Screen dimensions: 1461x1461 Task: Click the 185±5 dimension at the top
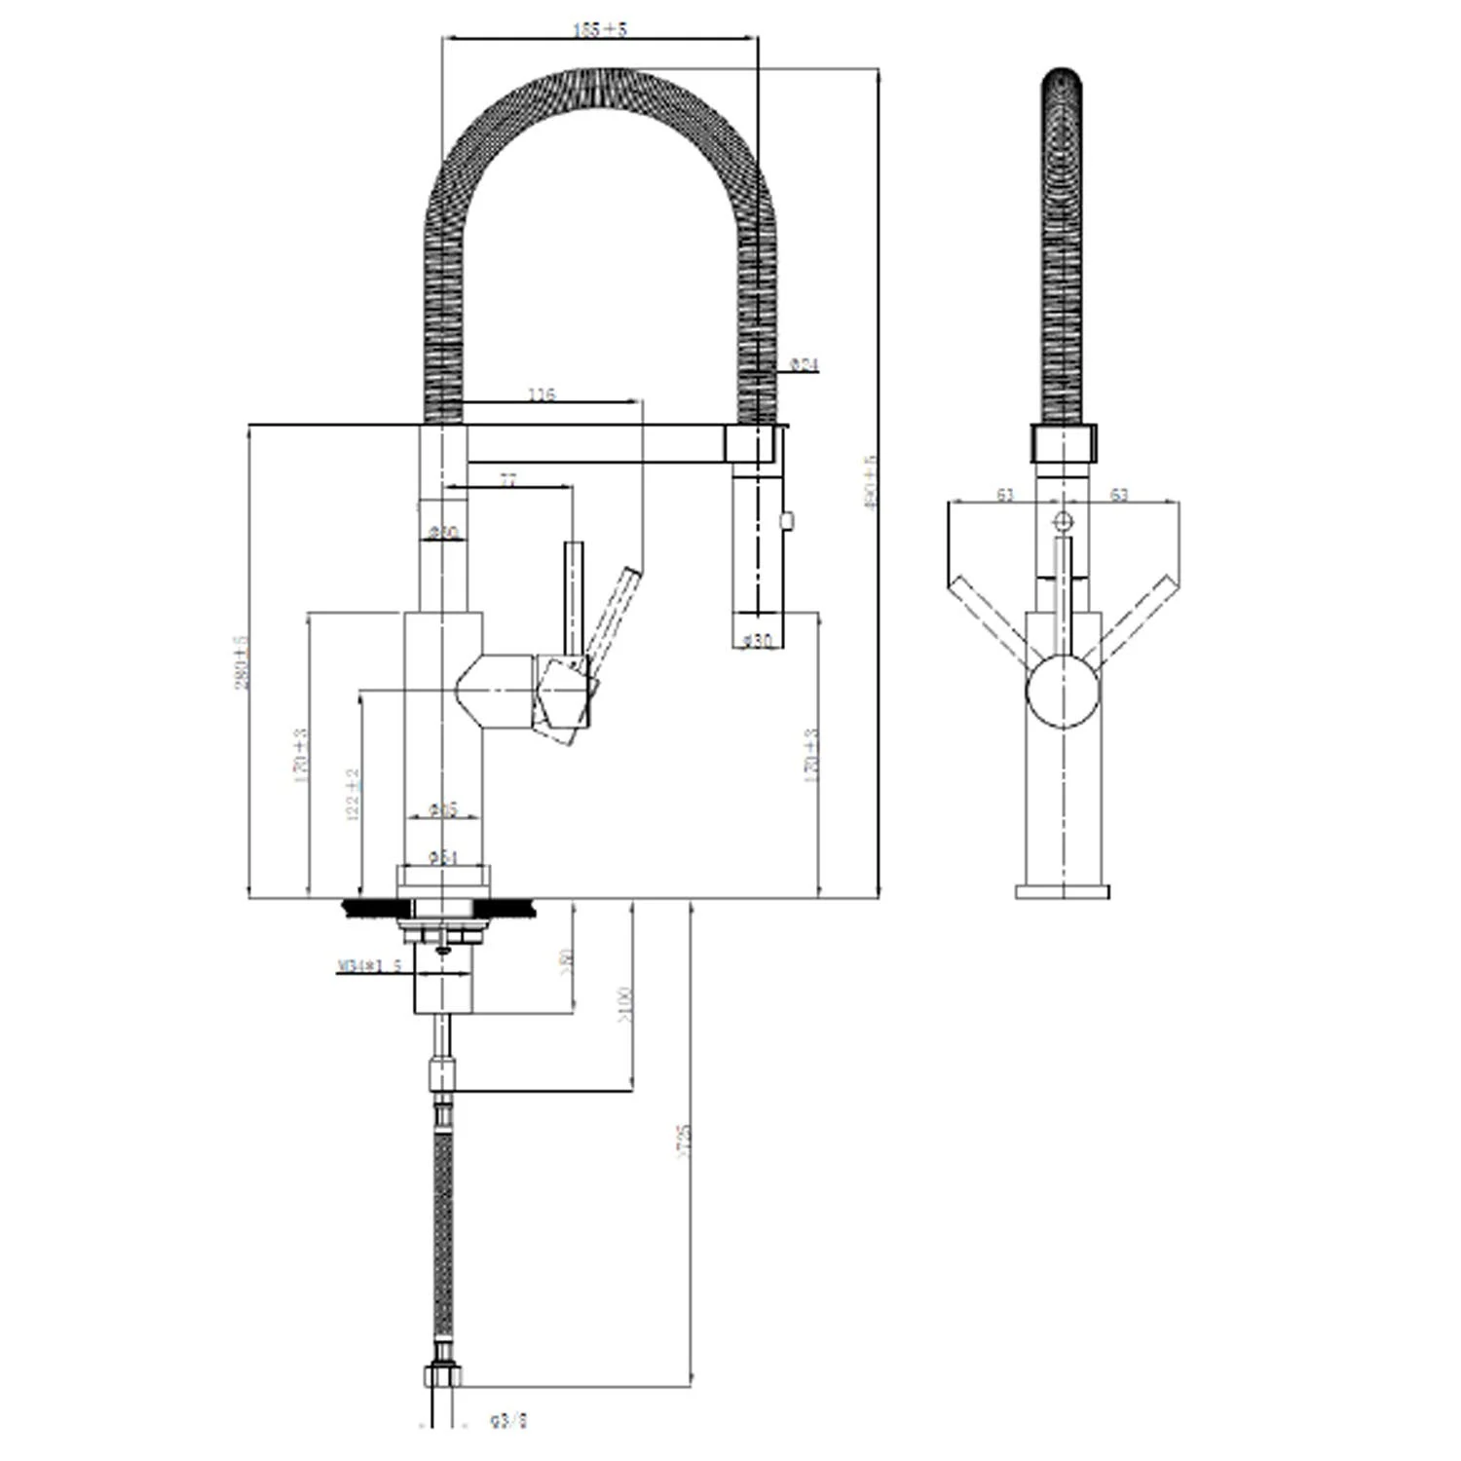600,29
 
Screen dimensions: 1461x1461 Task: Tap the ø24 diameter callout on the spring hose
804,364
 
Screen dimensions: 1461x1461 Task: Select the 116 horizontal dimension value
542,394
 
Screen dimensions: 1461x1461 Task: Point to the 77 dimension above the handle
507,479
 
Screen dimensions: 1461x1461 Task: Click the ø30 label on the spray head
757,640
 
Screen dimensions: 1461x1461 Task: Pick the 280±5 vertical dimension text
242,662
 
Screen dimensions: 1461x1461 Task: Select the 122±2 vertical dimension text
353,794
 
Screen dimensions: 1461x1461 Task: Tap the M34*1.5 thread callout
369,966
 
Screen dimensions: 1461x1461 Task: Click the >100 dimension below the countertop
624,1005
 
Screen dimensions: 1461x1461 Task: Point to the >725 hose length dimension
683,1141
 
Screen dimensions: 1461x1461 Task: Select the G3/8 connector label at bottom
508,1421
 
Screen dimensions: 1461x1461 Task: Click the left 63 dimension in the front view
1005,495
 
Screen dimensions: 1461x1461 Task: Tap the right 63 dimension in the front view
1119,495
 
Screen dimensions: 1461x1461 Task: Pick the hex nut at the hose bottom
443,1375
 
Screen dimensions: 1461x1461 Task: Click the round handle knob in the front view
1063,691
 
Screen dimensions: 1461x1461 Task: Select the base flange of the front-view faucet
1062,891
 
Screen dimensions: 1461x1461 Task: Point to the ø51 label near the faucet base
443,857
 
